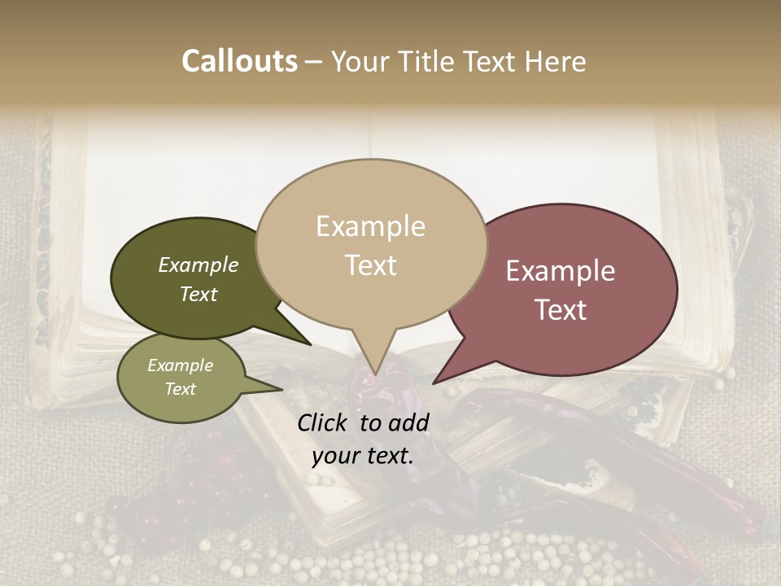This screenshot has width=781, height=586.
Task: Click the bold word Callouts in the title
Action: click(x=239, y=61)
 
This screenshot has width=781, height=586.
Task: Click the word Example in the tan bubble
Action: click(x=370, y=226)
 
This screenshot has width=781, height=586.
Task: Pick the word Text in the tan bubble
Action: click(x=370, y=265)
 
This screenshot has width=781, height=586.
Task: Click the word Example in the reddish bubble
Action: click(x=561, y=271)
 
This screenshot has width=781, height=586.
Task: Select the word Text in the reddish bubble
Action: click(x=561, y=310)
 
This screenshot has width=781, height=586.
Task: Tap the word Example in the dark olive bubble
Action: click(x=199, y=265)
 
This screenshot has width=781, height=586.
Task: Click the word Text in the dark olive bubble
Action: click(x=199, y=294)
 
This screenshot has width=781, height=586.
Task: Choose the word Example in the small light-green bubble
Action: click(x=180, y=365)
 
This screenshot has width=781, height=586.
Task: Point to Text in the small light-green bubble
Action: click(x=180, y=389)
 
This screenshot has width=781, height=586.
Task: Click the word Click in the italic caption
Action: click(x=324, y=422)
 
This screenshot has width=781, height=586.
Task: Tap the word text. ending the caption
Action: click(x=387, y=456)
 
